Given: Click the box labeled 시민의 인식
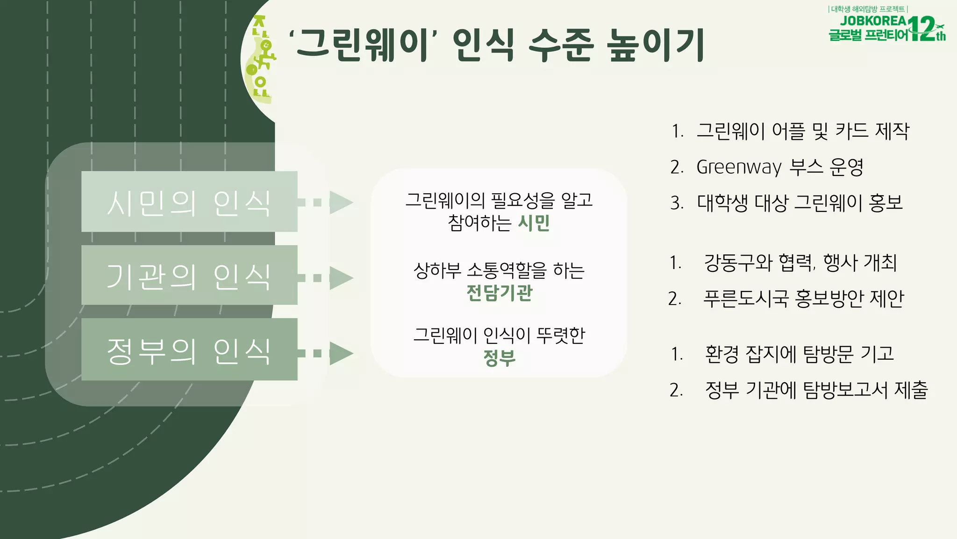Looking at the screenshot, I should [x=189, y=202].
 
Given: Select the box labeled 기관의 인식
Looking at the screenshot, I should [x=189, y=276].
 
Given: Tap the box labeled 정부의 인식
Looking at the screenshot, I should [x=189, y=350].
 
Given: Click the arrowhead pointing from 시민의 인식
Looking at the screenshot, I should [x=341, y=202].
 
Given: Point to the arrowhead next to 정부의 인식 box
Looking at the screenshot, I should [x=341, y=353].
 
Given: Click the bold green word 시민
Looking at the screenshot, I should [x=534, y=223].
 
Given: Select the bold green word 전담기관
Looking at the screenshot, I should [x=499, y=293].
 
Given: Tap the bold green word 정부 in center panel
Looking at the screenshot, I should [x=499, y=358].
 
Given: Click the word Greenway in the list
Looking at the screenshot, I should [x=739, y=167].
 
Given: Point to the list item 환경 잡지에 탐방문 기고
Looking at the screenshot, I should [x=799, y=354].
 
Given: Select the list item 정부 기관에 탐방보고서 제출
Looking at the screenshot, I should [x=816, y=390].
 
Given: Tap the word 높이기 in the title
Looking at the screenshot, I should [x=655, y=45].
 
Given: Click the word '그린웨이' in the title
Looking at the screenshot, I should [x=363, y=45].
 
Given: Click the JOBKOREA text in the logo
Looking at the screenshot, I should [x=873, y=21].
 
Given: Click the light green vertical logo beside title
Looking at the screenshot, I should [x=262, y=58].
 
